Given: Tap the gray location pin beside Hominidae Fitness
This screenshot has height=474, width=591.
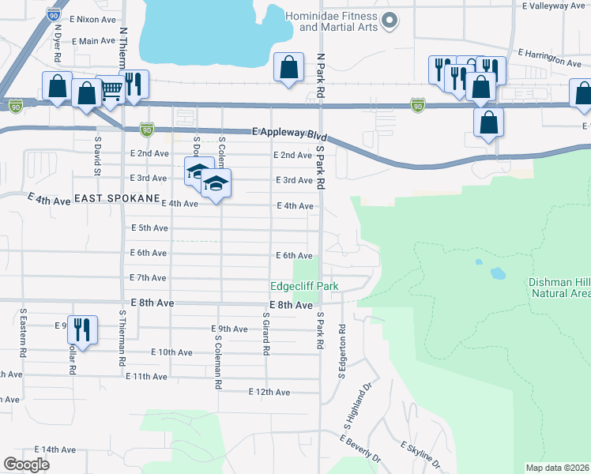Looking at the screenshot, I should pos(388,21).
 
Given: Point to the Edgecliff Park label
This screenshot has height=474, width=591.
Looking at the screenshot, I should pos(303,287).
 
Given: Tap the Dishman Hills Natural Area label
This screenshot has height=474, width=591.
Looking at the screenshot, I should pos(557,288).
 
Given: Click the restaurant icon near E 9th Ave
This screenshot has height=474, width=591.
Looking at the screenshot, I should pos(82,329).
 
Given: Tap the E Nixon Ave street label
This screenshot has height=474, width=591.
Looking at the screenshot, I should pos(93,17).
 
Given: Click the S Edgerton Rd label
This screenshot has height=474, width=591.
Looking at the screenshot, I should pos(342,351).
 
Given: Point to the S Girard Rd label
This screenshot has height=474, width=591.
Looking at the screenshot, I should pos(267,333).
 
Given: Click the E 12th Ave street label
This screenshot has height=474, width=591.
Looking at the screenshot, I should pos(269,392).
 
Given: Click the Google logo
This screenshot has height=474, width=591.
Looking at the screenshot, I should pos(27,465).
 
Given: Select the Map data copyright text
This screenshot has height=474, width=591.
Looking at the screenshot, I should pos(558,467).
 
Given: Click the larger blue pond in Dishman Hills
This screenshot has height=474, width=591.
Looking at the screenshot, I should pos(498,273).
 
